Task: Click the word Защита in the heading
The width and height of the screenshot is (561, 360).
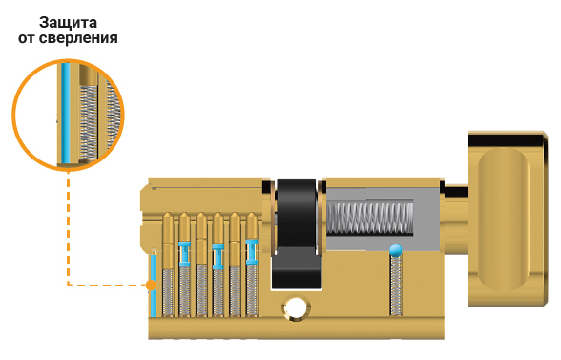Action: point(68,23)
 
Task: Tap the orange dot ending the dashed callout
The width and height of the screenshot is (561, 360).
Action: point(152,286)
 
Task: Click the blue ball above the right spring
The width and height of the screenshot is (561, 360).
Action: point(395,249)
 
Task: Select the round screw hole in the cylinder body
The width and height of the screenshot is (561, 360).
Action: point(296,307)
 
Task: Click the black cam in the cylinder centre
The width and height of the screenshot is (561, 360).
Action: point(296,234)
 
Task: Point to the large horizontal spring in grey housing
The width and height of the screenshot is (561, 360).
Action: point(370,219)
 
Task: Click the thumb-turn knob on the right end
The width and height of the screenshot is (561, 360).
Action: point(508,219)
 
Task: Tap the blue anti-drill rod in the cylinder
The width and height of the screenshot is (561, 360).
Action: point(154,284)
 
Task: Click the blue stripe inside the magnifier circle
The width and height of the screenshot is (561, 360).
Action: point(65,113)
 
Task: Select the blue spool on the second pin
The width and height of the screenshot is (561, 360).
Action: point(185,254)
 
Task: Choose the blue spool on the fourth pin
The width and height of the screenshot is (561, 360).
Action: point(218,257)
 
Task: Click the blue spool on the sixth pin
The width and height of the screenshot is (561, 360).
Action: point(251,252)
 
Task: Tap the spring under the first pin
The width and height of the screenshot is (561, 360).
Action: point(168,292)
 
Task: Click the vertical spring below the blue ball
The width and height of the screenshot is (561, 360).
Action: point(395,286)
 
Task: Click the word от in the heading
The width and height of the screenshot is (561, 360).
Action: point(27,38)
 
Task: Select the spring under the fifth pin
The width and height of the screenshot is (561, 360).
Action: point(235,291)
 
